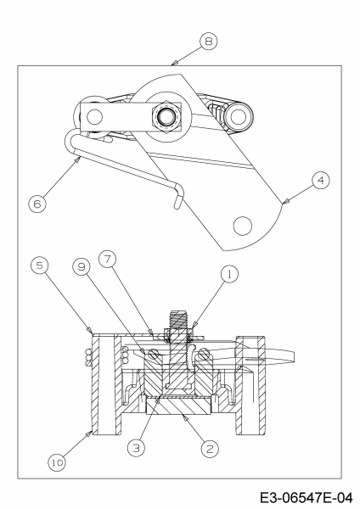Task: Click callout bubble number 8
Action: pyautogui.click(x=209, y=42)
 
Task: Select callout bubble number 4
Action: pyautogui.click(x=321, y=181)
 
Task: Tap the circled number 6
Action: pyautogui.click(x=37, y=204)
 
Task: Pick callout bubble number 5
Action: pyautogui.click(x=39, y=266)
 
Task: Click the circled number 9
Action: pyautogui.click(x=82, y=267)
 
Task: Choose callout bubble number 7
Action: pyautogui.click(x=108, y=259)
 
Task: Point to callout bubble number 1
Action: pyautogui.click(x=229, y=274)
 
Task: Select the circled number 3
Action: pyautogui.click(x=137, y=448)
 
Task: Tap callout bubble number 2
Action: pyautogui.click(x=210, y=449)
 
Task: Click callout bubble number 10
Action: pyautogui.click(x=57, y=462)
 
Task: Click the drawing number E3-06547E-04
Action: pyautogui.click(x=306, y=498)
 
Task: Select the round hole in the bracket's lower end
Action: pyautogui.click(x=243, y=226)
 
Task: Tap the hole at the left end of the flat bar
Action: pyautogui.click(x=94, y=117)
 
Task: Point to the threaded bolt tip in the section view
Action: pyautogui.click(x=178, y=320)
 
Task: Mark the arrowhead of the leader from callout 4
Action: pyautogui.click(x=284, y=203)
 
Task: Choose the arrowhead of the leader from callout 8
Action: pyautogui.click(x=174, y=63)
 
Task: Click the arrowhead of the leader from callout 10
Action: pyautogui.click(x=90, y=433)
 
